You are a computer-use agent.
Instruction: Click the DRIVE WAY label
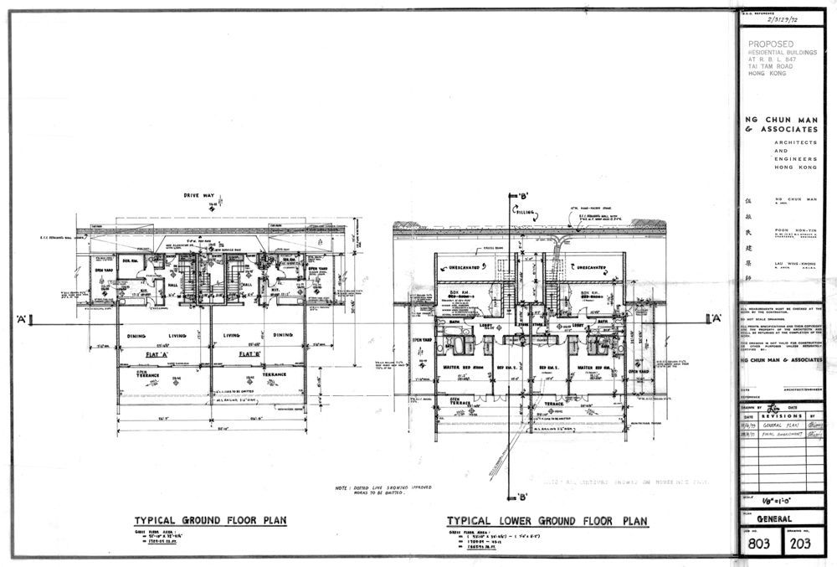[x=200, y=196]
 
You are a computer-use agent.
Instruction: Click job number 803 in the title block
[x=758, y=546]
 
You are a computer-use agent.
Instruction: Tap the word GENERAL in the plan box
[x=777, y=518]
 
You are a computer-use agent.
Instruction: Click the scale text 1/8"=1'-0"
[x=780, y=503]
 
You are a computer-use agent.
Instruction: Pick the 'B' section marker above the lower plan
[x=526, y=194]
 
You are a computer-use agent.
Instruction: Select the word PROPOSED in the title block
[x=771, y=44]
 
